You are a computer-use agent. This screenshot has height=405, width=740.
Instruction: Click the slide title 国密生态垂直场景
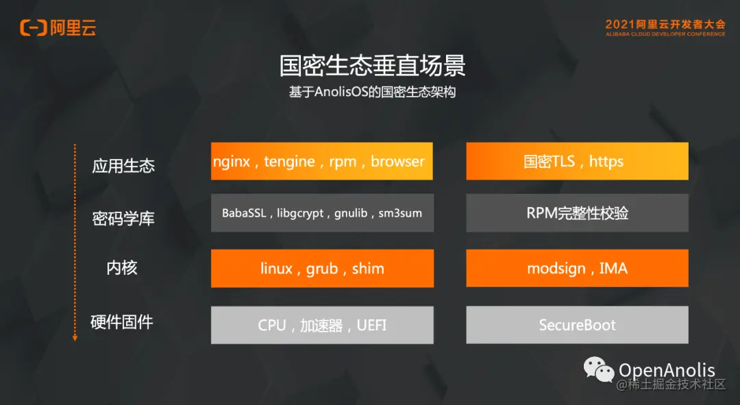372,66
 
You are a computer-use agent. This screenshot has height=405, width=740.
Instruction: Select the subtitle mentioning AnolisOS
372,93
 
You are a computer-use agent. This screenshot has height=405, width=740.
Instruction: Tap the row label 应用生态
123,166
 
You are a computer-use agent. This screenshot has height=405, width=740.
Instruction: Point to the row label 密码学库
123,219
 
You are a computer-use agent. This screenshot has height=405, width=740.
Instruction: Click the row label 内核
122,268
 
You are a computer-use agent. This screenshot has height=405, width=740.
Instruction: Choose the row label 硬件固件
121,321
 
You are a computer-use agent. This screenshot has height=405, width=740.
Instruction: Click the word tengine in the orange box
289,162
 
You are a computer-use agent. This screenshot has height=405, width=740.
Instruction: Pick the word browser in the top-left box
397,162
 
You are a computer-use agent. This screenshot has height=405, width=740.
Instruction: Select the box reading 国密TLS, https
577,161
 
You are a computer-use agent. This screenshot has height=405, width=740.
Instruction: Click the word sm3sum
400,213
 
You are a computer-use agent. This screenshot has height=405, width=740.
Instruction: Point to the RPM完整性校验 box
577,213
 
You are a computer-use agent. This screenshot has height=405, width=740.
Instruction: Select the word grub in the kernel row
321,269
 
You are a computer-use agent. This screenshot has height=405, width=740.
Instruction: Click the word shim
368,269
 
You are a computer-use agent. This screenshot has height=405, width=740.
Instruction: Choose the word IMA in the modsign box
613,269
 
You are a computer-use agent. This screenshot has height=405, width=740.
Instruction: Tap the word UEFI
371,325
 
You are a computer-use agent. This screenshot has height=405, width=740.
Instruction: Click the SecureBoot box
577,325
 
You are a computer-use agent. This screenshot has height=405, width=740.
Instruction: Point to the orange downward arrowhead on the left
75,337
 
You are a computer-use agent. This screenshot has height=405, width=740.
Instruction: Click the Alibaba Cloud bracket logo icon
33,27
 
